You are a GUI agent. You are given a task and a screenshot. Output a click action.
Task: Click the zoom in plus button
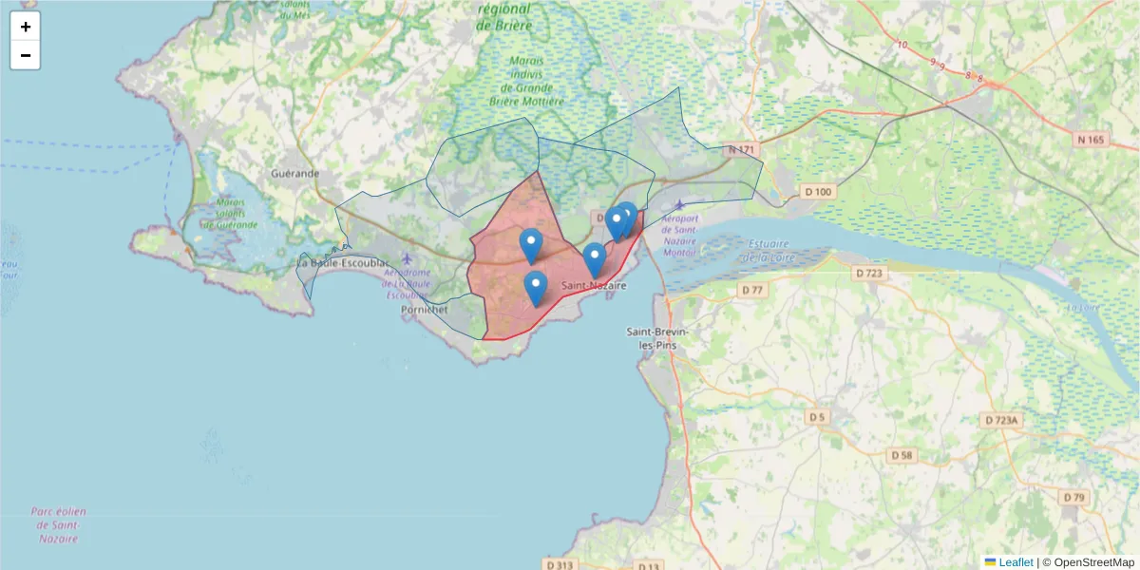click(x=26, y=27)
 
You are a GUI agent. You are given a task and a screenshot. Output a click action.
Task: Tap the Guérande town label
click(x=294, y=174)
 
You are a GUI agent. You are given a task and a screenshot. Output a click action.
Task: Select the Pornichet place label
click(x=424, y=310)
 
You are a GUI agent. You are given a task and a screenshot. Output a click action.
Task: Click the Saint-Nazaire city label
click(x=594, y=286)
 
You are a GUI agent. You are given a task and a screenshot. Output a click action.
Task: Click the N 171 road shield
click(x=741, y=150)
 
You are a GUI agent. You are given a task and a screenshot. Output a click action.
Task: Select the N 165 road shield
click(x=1092, y=140)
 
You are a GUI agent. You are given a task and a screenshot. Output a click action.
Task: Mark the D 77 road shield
click(x=752, y=289)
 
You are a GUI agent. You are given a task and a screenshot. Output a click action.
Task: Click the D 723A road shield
click(x=1000, y=420)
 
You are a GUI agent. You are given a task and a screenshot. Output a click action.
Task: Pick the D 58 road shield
click(x=902, y=456)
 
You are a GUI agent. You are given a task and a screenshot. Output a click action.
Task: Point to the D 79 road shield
click(x=1073, y=497)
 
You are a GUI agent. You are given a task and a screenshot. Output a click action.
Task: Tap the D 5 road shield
click(x=817, y=417)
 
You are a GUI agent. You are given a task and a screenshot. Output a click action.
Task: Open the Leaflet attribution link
click(x=1015, y=562)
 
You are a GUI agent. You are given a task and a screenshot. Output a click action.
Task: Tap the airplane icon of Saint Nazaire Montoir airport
click(x=678, y=205)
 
